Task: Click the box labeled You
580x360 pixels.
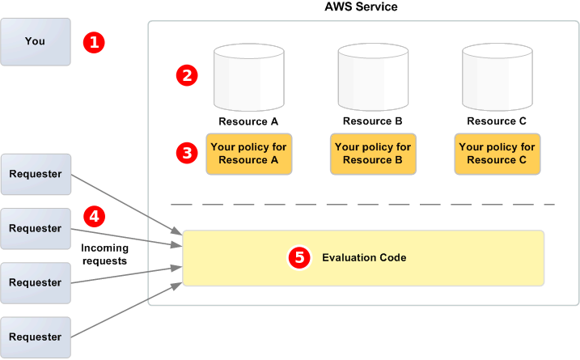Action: [x=35, y=42]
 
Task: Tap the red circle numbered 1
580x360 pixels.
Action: [x=95, y=42]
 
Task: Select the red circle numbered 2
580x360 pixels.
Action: [x=187, y=76]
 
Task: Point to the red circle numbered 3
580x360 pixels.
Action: [x=187, y=153]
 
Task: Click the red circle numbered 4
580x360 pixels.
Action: [x=95, y=217]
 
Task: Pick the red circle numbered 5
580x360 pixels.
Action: [x=299, y=258]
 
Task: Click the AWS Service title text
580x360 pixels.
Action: [x=361, y=6]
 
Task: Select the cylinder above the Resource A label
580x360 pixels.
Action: [x=248, y=78]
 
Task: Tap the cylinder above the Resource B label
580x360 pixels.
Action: [x=373, y=78]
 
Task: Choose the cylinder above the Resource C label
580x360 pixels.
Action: [x=497, y=78]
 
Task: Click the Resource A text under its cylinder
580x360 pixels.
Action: [x=248, y=121]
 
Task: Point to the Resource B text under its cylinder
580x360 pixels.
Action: [x=373, y=121]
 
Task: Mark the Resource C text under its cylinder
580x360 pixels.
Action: [x=497, y=121]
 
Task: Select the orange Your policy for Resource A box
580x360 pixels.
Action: [x=248, y=154]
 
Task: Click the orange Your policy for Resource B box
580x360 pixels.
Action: [x=373, y=154]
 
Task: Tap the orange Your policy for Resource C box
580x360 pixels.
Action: [x=497, y=154]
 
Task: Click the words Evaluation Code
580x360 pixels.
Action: [x=364, y=258]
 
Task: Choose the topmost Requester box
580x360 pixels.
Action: [x=35, y=174]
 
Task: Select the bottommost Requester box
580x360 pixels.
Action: [x=35, y=337]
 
